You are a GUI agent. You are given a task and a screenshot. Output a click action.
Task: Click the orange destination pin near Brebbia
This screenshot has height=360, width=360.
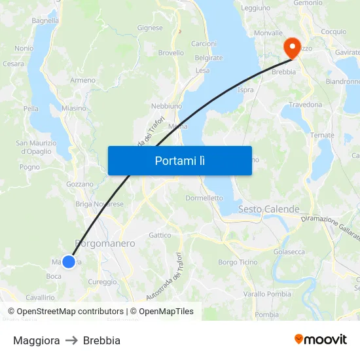click(290, 46)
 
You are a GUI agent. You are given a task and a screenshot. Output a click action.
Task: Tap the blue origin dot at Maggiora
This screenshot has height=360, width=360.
click(69, 262)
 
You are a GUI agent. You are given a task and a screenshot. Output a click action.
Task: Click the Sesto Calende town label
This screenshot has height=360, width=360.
click(268, 209)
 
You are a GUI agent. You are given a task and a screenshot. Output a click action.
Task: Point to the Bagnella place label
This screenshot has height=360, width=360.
click(45, 20)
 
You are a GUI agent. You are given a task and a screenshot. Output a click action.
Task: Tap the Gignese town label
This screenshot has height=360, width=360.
click(150, 27)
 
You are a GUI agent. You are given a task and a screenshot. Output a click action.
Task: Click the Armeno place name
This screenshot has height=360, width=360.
click(83, 80)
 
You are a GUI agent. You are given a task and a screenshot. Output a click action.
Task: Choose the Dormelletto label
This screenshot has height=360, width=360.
click(204, 198)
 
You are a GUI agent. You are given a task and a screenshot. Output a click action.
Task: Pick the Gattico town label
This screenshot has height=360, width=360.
click(160, 235)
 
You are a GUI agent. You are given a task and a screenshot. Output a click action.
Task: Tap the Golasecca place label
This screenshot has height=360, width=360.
click(289, 251)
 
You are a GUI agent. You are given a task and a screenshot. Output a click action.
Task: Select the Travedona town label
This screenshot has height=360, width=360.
click(306, 105)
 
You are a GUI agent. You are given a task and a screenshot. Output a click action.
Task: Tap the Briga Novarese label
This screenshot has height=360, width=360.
click(99, 204)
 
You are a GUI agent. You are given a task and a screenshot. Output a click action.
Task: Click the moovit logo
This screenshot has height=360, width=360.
click(321, 340)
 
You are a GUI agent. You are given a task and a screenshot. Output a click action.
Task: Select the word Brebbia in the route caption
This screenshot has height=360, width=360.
click(101, 340)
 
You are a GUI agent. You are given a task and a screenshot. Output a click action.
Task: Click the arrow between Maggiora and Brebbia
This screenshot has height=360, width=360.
click(71, 340)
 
